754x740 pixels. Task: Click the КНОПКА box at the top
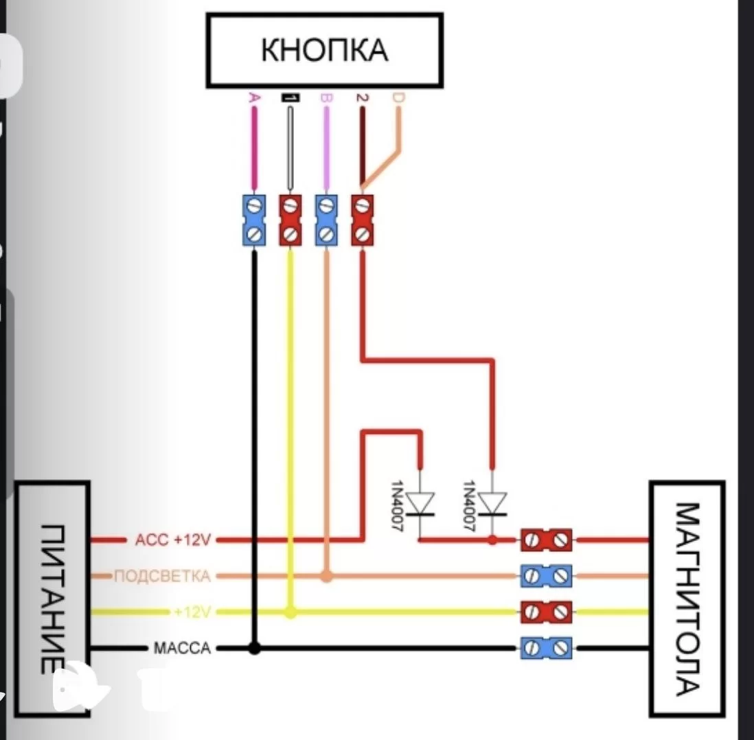click(x=324, y=50)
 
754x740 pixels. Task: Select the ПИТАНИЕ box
click(x=52, y=597)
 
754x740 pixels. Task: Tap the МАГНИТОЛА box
click(x=687, y=597)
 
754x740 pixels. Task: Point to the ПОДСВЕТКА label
click(x=161, y=575)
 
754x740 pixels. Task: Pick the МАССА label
click(x=181, y=647)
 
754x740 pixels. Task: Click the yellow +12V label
click(x=192, y=612)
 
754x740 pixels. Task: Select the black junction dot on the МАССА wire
click(x=254, y=647)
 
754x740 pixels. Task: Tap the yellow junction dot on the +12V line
click(x=290, y=612)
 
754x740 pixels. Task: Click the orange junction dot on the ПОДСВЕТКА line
click(x=327, y=575)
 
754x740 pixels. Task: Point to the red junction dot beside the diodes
click(x=492, y=540)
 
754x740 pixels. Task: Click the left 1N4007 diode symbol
click(x=420, y=504)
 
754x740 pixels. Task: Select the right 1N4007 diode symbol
click(x=492, y=504)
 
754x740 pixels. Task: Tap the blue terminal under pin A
click(x=254, y=220)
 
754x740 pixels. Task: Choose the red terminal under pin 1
click(x=290, y=220)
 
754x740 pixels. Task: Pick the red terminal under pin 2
click(x=363, y=220)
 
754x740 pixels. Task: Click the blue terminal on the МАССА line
click(x=546, y=647)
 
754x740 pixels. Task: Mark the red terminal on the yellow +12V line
click(x=546, y=612)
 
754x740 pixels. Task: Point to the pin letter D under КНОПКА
click(x=398, y=100)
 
